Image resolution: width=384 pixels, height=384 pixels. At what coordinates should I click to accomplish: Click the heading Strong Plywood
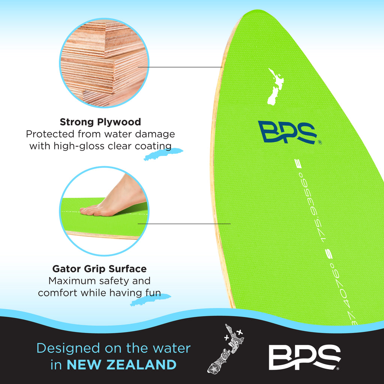pos(100,122)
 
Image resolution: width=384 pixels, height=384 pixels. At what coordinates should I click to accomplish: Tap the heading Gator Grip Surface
pos(99,269)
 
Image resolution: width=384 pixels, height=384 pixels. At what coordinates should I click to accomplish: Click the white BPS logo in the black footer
pos(304,357)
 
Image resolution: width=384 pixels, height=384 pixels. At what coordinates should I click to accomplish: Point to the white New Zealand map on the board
pos(276,87)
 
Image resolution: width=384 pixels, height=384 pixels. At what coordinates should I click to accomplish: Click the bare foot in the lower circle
pos(113,198)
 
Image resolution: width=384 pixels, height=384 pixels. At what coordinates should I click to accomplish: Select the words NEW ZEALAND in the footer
pos(121,364)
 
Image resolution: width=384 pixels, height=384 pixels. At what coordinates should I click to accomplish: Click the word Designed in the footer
pos(68,348)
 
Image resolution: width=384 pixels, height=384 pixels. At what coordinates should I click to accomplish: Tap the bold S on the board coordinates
pos(330,255)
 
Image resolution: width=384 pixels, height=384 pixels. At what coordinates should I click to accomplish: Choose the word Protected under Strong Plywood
pos(50,134)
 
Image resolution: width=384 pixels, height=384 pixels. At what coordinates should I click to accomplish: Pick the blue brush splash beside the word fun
pos(150,300)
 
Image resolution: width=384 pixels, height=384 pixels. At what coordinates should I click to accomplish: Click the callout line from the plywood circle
pos(180,67)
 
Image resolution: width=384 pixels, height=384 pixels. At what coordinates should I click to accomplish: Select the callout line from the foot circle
pos(184,223)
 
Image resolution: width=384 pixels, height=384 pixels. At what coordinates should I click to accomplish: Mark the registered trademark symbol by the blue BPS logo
pos(320,142)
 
